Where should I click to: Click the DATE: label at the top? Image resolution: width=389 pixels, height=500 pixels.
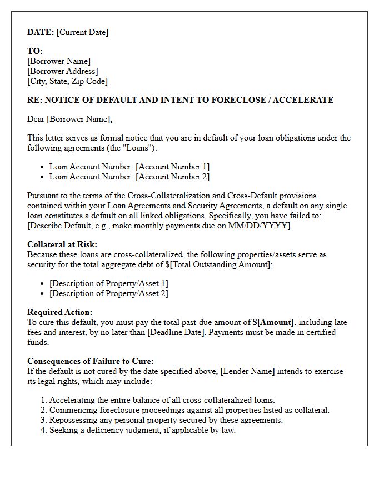(x=41, y=32)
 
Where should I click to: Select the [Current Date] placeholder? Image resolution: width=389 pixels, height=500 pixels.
(x=82, y=32)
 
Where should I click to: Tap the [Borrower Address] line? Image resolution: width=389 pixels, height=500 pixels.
(x=62, y=71)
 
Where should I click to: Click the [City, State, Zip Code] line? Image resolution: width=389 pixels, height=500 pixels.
(x=67, y=81)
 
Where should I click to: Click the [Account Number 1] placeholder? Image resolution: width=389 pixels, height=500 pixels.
(x=172, y=167)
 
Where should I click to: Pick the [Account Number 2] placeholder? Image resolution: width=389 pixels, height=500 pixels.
(x=172, y=177)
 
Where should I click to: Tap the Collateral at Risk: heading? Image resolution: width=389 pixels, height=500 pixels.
(x=62, y=244)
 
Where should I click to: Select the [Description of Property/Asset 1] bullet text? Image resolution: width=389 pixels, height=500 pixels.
(x=108, y=283)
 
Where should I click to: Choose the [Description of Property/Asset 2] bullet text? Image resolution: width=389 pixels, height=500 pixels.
(x=108, y=293)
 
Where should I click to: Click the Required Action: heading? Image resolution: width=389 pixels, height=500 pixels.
(x=60, y=312)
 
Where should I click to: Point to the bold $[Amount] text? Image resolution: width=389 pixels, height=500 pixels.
(x=273, y=322)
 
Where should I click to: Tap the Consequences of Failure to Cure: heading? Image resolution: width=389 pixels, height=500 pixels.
(x=91, y=361)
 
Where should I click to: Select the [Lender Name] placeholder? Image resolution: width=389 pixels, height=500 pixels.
(x=247, y=371)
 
